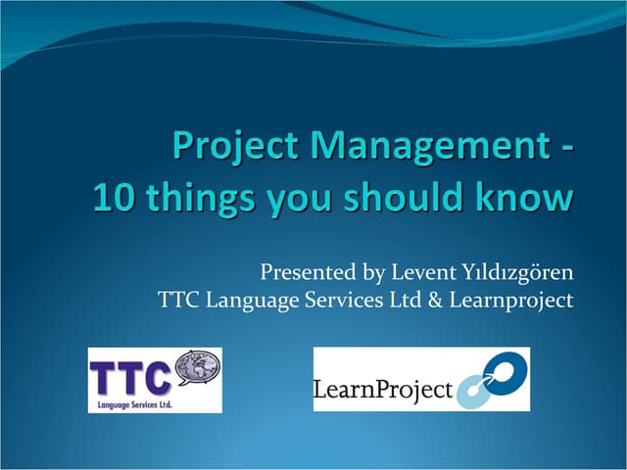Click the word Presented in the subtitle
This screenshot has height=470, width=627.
click(302, 270)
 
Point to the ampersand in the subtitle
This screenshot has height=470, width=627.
click(434, 300)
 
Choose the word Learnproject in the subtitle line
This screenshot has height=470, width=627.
click(510, 301)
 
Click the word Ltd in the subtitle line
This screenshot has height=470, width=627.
click(407, 300)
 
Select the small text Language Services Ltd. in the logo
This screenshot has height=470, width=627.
click(130, 401)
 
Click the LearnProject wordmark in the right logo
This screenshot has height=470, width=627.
click(383, 392)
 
